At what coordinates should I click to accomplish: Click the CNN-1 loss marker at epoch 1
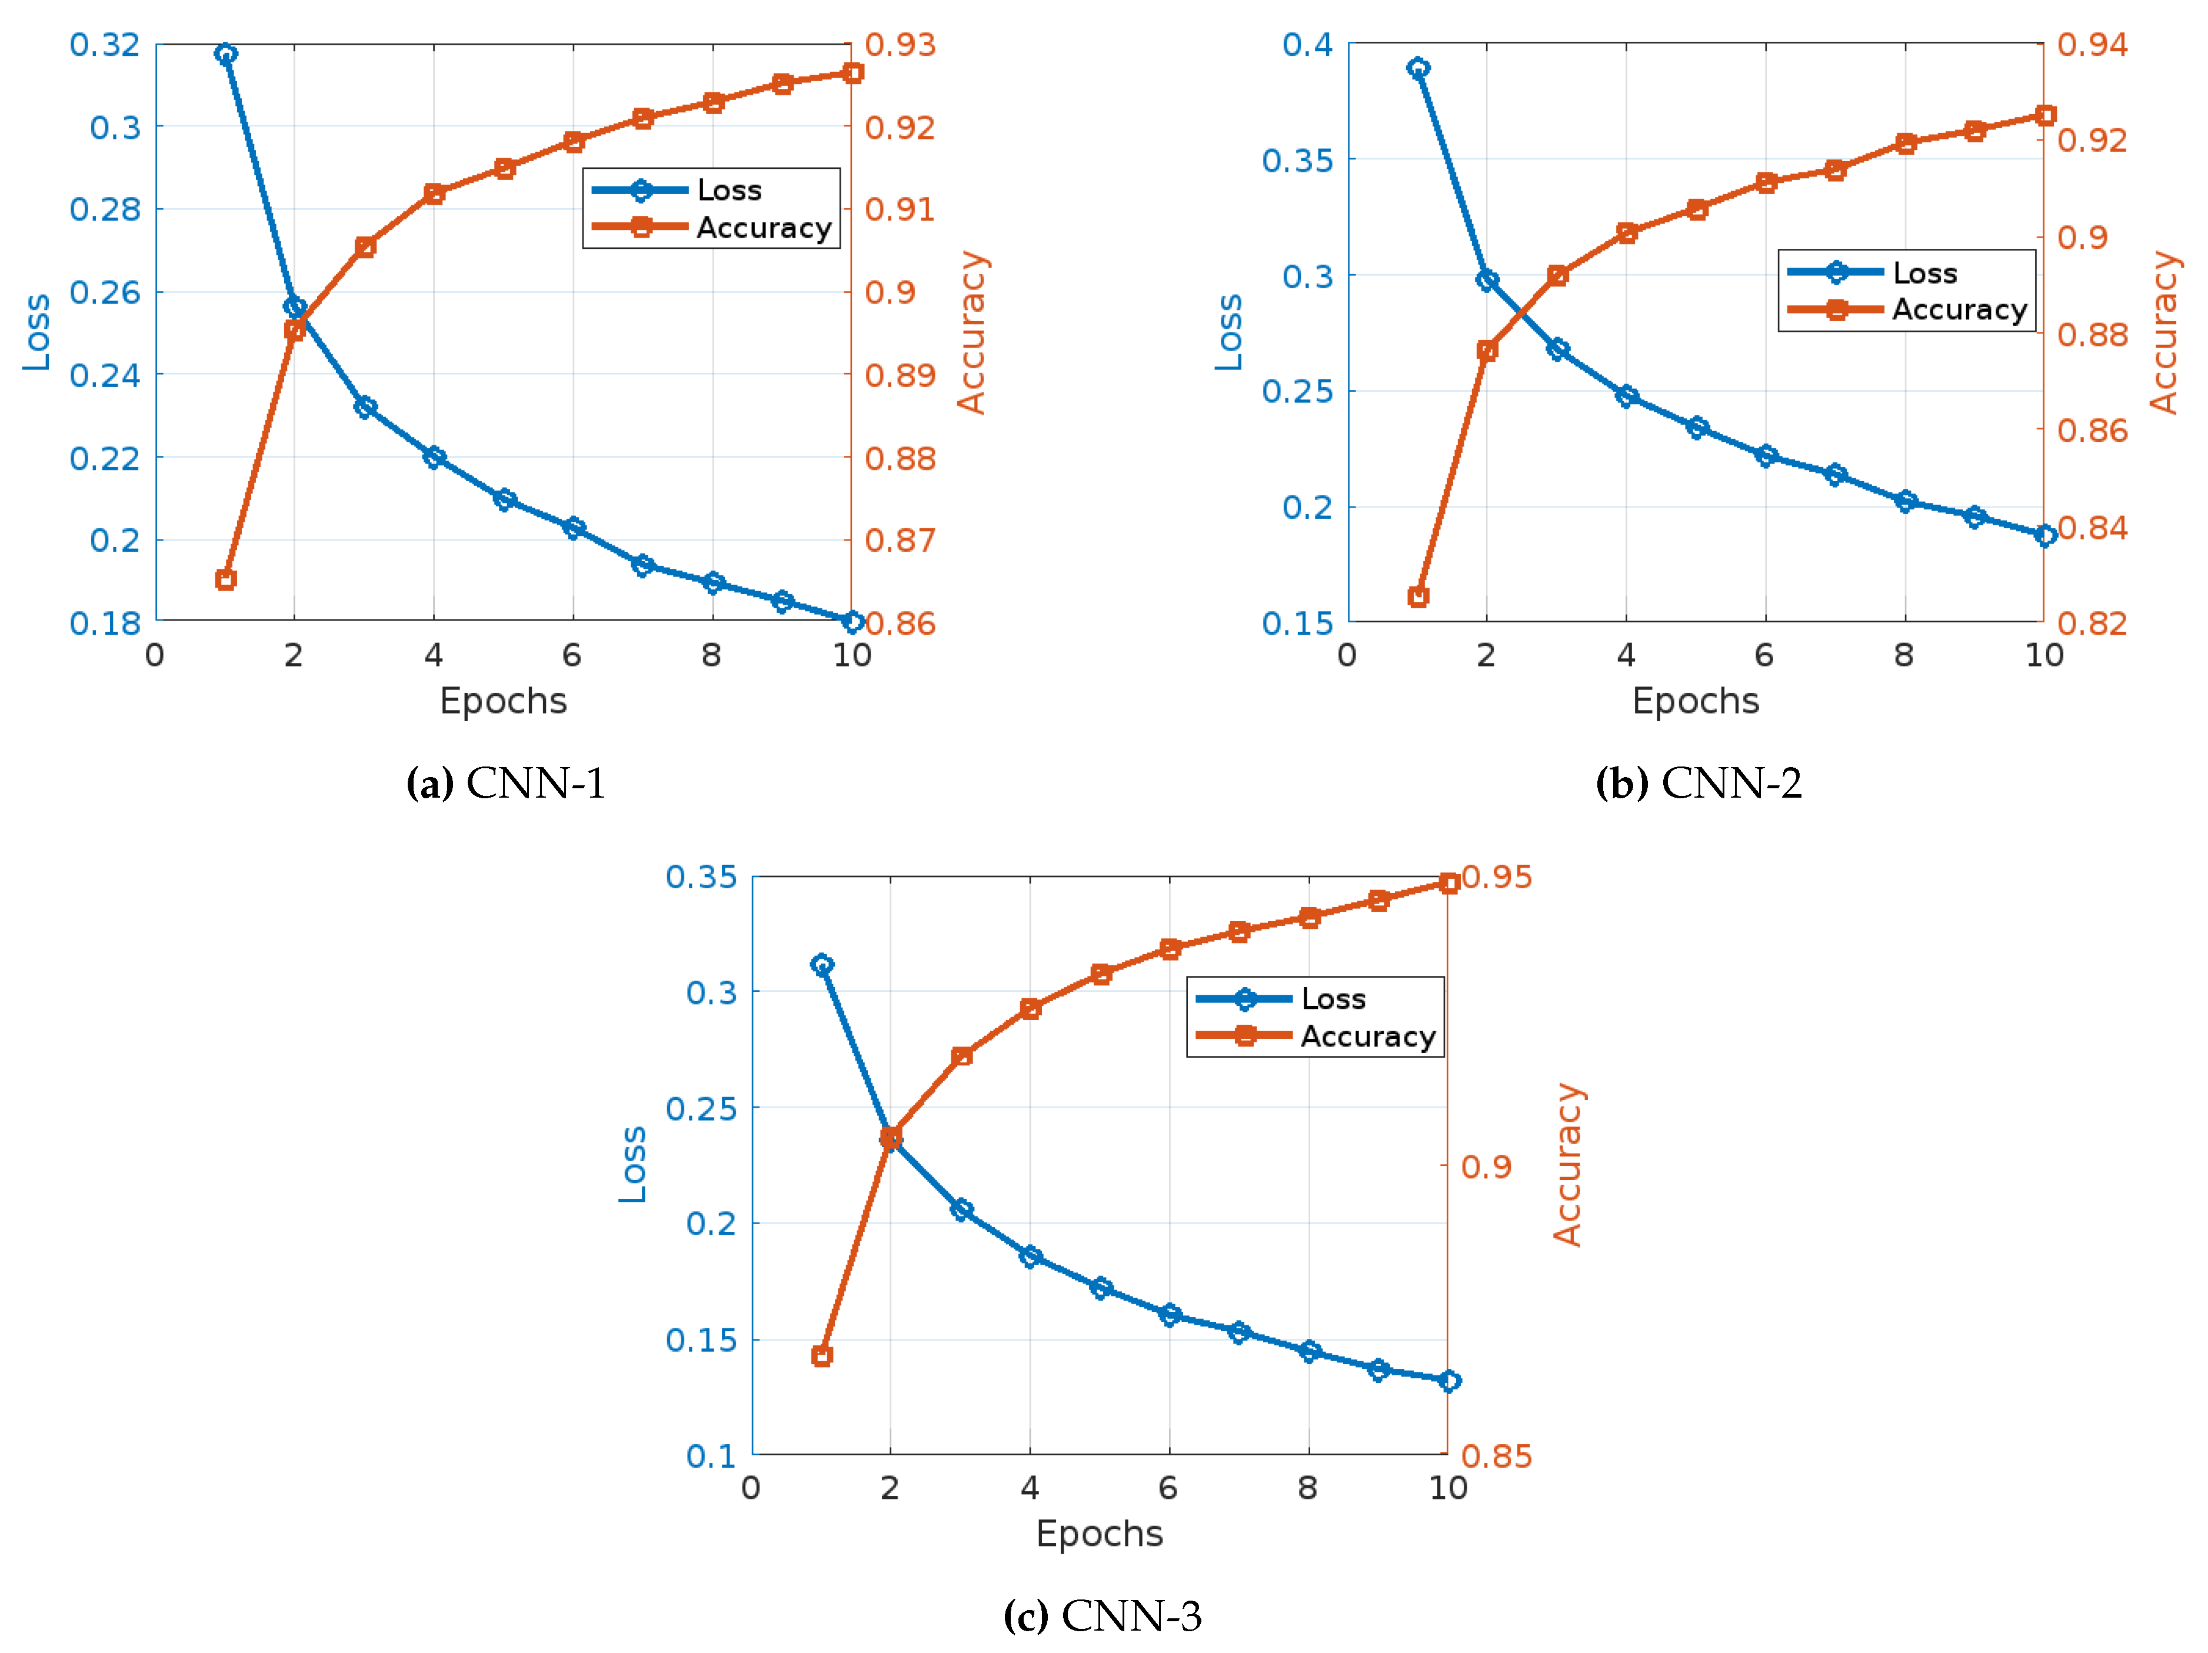[x=225, y=54]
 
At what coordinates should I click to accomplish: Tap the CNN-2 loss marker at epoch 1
[x=1417, y=68]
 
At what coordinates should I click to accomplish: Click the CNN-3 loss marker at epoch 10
[x=1448, y=1381]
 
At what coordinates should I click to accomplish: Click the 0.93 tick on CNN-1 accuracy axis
[x=900, y=45]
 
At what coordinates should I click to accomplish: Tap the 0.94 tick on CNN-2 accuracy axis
[x=2092, y=45]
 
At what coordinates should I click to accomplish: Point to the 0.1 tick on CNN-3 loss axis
[x=711, y=1455]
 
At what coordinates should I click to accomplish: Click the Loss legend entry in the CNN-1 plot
[x=729, y=189]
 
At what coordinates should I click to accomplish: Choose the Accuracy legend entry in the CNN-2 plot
[x=1959, y=309]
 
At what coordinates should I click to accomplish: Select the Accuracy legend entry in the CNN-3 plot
[x=1367, y=1036]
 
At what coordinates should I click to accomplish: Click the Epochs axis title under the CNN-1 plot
[x=503, y=701]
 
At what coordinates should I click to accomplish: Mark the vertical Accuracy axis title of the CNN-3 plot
[x=1567, y=1164]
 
